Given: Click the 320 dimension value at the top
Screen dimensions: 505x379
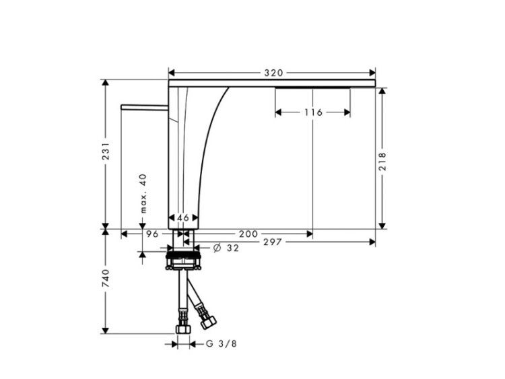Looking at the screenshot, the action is [273, 73].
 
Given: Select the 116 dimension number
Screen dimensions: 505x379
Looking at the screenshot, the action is [313, 112].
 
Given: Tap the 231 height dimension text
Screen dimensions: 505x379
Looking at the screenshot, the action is [106, 150].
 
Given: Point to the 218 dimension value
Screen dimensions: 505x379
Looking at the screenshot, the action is [382, 162].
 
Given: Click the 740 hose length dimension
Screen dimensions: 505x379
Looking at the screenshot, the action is [106, 279].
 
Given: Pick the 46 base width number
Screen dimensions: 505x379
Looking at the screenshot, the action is [183, 217].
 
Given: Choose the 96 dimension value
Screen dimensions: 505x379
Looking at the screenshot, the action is [152, 234].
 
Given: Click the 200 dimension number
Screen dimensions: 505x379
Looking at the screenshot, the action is [248, 234].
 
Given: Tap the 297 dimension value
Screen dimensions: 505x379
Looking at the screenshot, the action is [273, 242].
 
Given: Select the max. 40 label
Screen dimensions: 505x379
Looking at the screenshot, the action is [143, 193].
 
